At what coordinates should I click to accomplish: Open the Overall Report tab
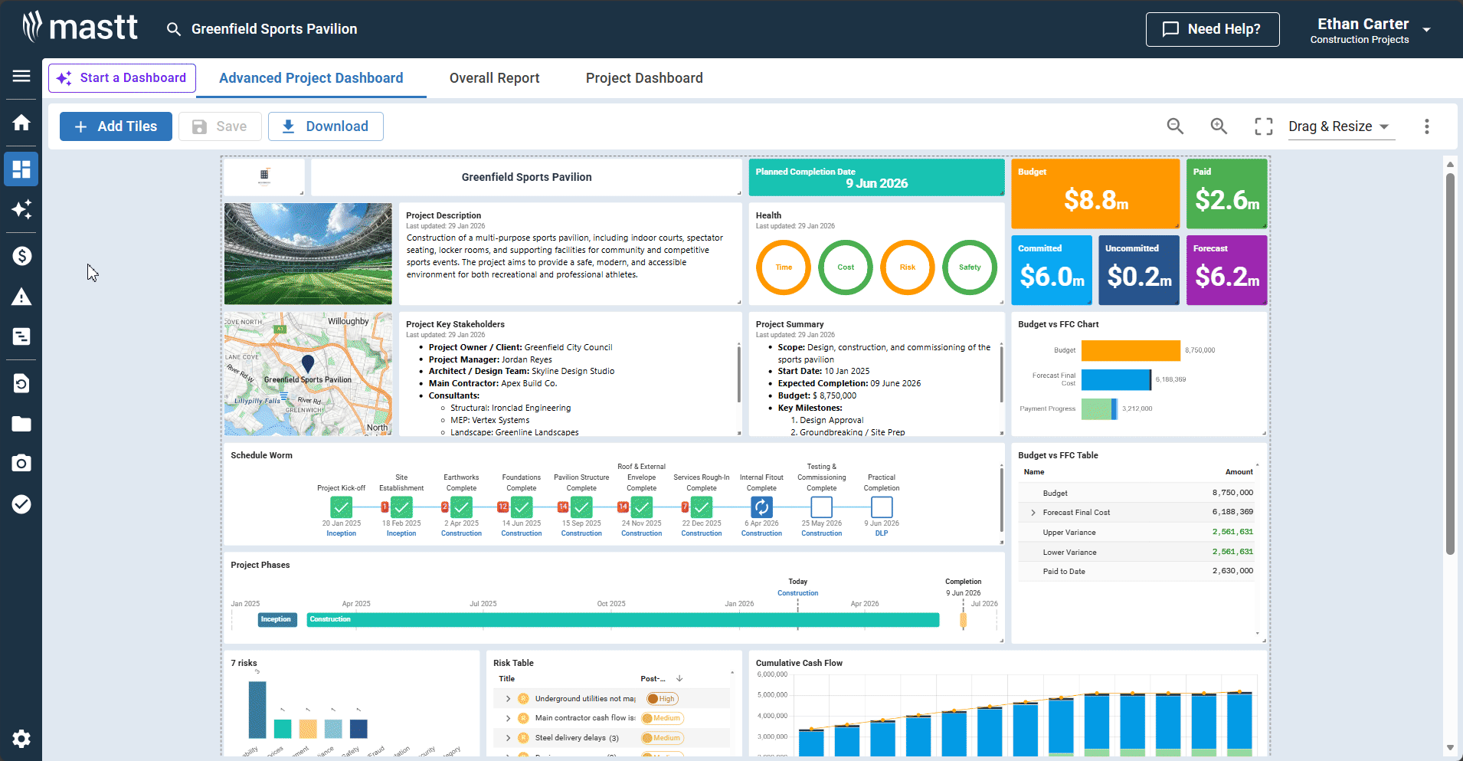(x=494, y=78)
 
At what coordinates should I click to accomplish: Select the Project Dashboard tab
(x=643, y=78)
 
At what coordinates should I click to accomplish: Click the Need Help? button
(x=1212, y=29)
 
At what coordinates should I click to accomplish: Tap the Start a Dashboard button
(x=122, y=78)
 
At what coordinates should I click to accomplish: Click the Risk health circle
(x=907, y=267)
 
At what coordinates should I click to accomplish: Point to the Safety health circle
(x=969, y=267)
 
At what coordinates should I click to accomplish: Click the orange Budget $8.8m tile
(x=1095, y=194)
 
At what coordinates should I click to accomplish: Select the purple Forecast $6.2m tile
(x=1226, y=271)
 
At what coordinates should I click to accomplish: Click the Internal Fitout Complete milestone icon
(x=761, y=507)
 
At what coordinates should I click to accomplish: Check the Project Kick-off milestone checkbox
(x=341, y=507)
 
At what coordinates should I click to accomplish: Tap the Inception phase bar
(x=277, y=619)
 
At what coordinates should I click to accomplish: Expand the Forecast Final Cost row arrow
(x=1033, y=513)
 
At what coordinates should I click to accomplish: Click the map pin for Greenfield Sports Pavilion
(x=308, y=363)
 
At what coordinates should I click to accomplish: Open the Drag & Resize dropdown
(x=1340, y=126)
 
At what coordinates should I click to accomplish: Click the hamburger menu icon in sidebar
(x=21, y=76)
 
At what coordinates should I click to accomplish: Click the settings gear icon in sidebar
(x=21, y=738)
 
